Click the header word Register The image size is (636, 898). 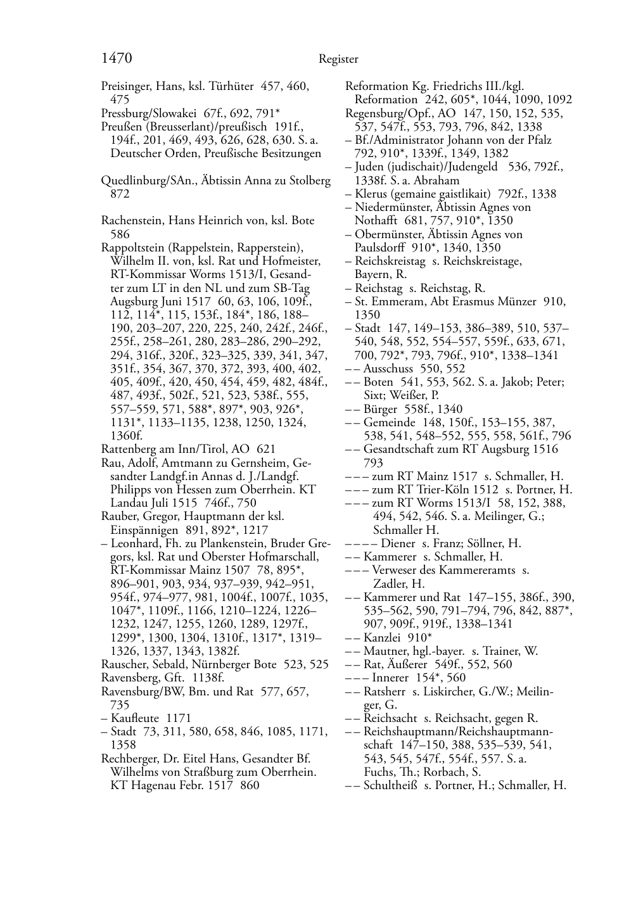(x=338, y=60)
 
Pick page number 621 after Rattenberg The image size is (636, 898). (x=266, y=449)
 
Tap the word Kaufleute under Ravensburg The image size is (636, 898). (x=137, y=718)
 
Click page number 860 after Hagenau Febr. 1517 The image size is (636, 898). (x=250, y=786)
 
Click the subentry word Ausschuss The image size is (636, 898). (x=388, y=369)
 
